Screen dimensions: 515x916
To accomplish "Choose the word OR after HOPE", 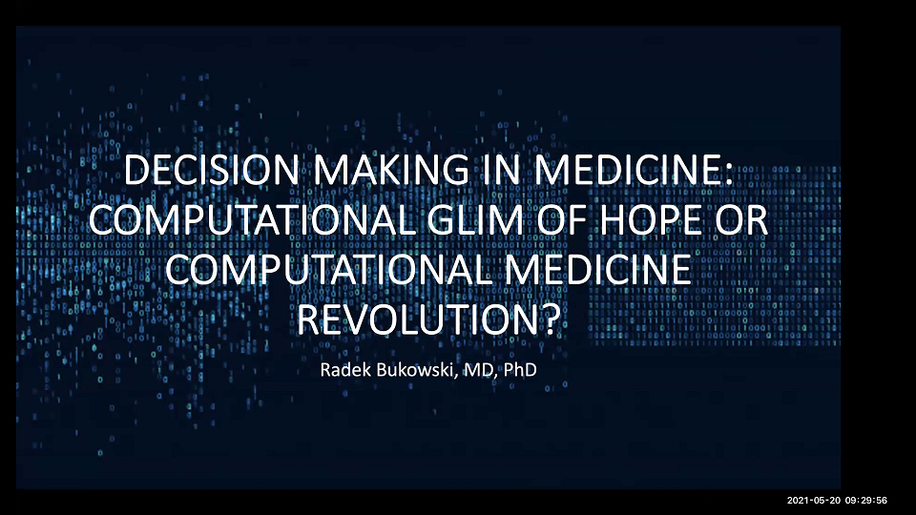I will pos(746,223).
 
